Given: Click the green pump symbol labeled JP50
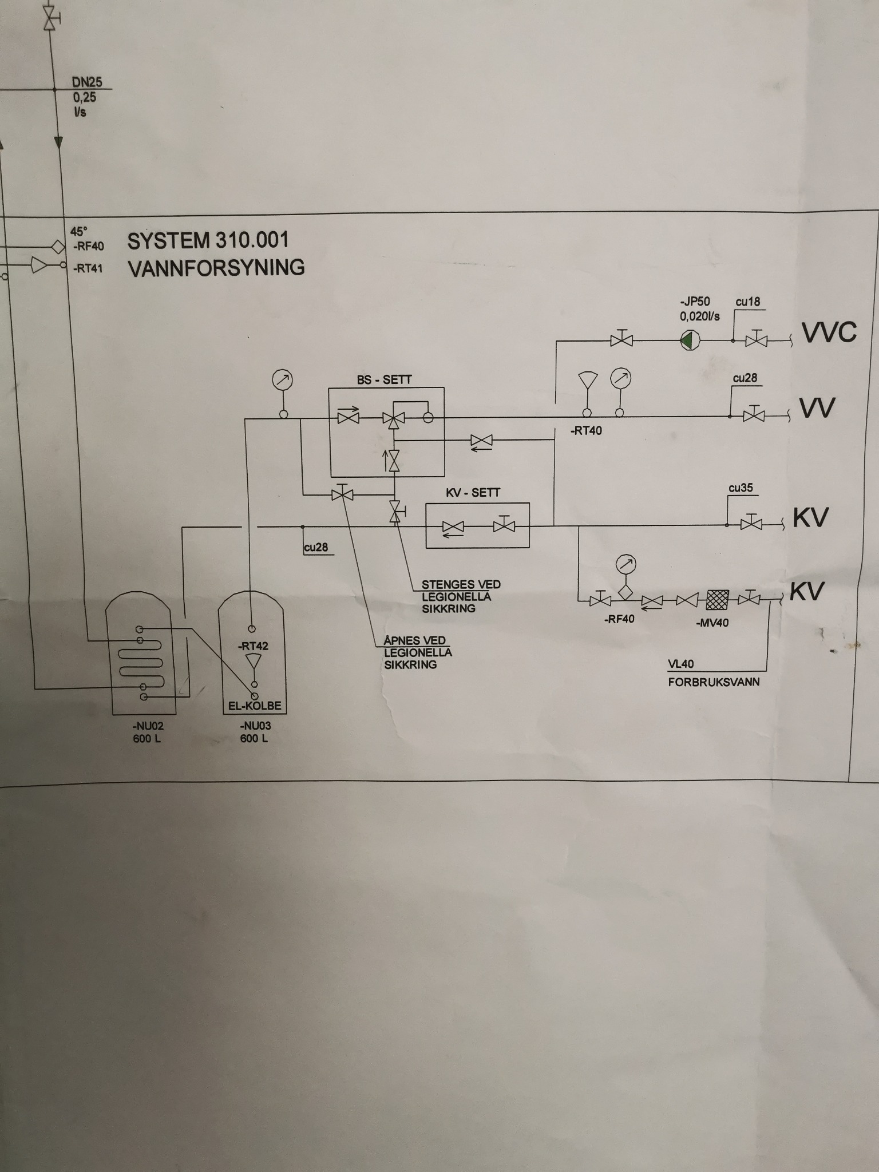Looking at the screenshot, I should (x=688, y=340).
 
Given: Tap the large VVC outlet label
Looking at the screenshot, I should (x=829, y=332).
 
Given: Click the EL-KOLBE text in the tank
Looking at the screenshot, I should (x=255, y=706).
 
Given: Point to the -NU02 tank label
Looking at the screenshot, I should (x=148, y=726).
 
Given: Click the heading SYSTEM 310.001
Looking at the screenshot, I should (x=208, y=241).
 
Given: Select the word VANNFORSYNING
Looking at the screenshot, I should (x=216, y=268).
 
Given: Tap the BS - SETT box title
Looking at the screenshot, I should (x=384, y=379).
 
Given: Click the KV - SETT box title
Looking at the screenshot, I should (x=473, y=493).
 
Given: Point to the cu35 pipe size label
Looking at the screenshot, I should (x=741, y=488).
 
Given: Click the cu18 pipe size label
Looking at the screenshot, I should (x=747, y=302).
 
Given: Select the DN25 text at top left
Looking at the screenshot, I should (x=87, y=82).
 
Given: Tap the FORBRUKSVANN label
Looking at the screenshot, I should (x=714, y=682).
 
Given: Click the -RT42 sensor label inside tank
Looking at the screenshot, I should (x=253, y=646).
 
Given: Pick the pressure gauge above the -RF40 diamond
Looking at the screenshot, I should (x=625, y=565).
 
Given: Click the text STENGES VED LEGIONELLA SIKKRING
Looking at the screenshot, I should (x=461, y=596).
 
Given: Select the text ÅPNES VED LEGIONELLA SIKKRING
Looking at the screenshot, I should (x=418, y=652).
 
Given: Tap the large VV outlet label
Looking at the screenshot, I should (x=817, y=408).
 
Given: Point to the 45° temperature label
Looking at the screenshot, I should (x=78, y=231).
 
